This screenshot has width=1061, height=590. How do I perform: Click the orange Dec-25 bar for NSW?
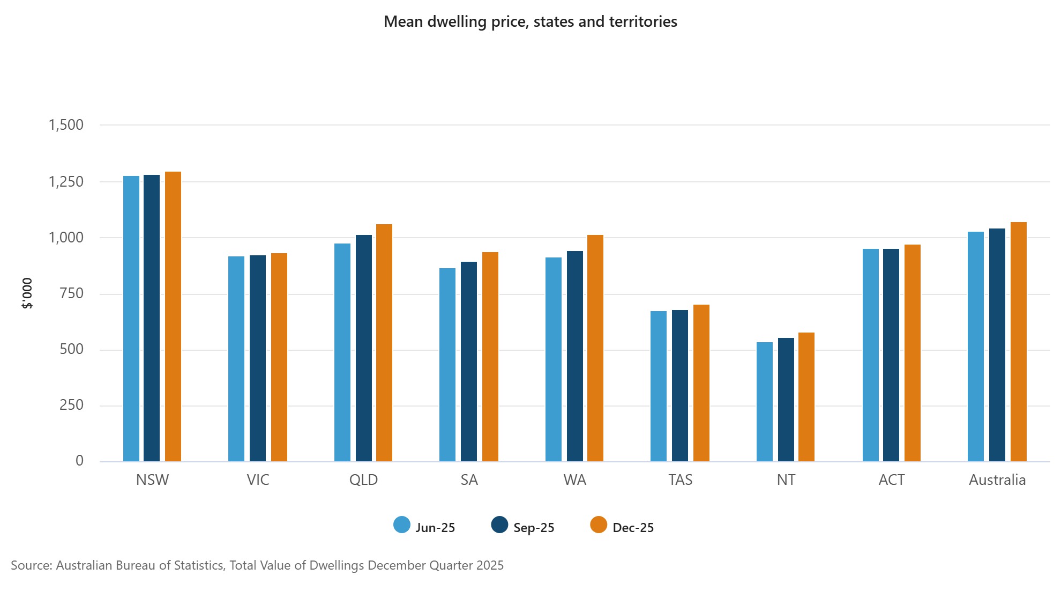(173, 316)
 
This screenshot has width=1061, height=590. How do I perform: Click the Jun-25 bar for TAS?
(659, 386)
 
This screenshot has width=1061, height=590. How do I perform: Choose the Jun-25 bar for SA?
(447, 365)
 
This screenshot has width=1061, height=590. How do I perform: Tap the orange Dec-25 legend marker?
(599, 525)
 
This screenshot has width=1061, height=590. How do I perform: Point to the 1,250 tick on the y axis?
(66, 182)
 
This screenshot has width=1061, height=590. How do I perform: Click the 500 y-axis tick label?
(71, 349)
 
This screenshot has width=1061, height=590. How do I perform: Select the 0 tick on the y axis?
(79, 461)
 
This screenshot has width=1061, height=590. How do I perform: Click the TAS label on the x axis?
(680, 480)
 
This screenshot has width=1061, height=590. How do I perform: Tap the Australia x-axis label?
(997, 480)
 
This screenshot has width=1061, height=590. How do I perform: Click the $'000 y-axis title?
(27, 293)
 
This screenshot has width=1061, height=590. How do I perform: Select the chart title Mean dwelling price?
(530, 21)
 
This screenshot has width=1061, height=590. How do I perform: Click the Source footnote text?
(257, 565)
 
